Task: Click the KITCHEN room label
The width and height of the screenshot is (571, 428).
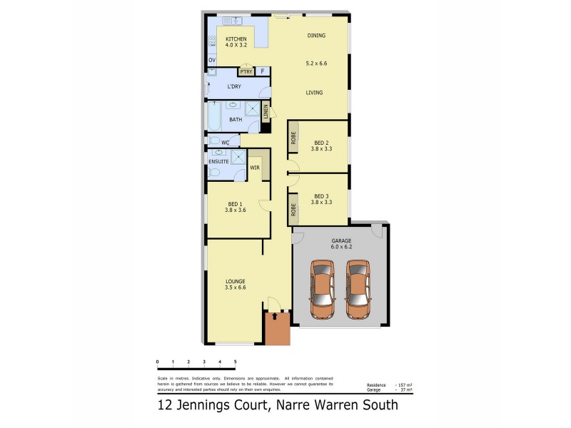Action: (236, 39)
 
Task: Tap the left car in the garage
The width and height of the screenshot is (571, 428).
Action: (323, 289)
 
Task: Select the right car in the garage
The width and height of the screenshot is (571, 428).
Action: (358, 289)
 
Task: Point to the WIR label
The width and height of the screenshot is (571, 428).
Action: (254, 168)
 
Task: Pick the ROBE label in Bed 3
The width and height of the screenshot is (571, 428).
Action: (293, 210)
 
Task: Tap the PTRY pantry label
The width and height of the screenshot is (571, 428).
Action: (246, 71)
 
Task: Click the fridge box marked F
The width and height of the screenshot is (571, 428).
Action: (262, 71)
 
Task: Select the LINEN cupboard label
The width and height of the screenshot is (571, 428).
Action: (266, 112)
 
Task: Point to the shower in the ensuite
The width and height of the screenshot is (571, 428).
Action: (238, 158)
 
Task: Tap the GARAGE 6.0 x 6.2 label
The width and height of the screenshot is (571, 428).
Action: (341, 245)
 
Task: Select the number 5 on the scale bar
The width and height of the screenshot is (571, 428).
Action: (235, 362)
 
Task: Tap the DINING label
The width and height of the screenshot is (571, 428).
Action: (316, 35)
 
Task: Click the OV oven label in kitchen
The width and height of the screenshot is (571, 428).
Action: (211, 60)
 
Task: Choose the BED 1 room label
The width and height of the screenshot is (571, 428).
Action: (235, 204)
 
